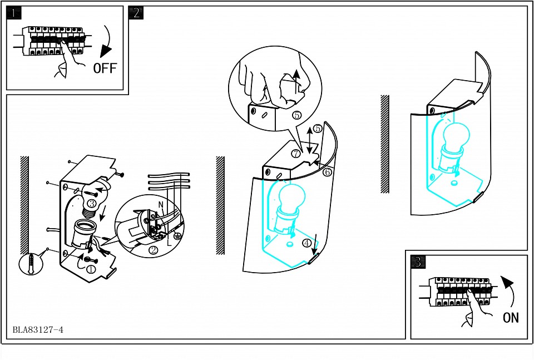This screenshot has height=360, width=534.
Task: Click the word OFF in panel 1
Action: pos(105,68)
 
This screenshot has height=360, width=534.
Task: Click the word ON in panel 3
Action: pos(511,318)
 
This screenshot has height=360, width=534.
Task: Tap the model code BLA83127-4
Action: pos(38,330)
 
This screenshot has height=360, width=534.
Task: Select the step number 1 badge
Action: pos(13,13)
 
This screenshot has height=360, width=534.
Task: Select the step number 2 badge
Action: pos(136,13)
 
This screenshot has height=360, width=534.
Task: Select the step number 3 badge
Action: pos(418,262)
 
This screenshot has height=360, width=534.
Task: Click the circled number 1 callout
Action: pos(91,270)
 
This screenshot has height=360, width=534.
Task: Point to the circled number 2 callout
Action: pos(154,251)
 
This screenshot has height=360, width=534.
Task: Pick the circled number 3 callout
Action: pos(92,204)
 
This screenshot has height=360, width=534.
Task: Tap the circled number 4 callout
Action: pos(307,243)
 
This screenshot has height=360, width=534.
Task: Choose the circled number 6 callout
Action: pos(327,172)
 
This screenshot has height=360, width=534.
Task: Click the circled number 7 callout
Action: pos(296,154)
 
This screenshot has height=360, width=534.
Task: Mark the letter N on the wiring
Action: pos(161,205)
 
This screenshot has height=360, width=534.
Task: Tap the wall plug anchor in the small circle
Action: pos(31,263)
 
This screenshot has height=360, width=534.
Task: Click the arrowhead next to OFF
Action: pos(106,51)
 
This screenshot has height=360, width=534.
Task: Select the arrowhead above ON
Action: pos(507,282)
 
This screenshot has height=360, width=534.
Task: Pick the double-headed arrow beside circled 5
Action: pos(309,140)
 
